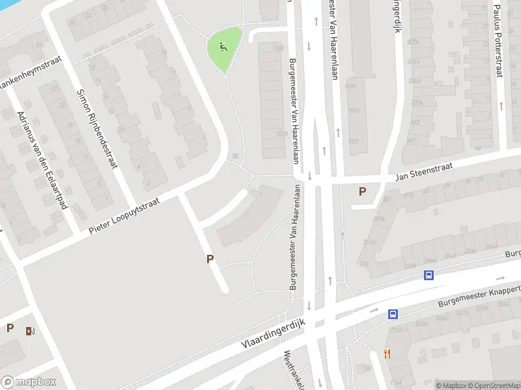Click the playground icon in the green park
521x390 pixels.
point(223,47)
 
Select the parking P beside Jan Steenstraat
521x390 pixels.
point(362,191)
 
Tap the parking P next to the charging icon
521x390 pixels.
point(10,328)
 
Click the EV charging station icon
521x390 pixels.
point(30,331)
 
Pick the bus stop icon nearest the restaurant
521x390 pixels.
point(393,314)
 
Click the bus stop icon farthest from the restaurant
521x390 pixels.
point(429,275)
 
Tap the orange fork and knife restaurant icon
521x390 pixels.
point(387,354)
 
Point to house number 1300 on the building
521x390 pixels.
point(280,48)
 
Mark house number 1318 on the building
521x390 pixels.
point(281,134)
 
